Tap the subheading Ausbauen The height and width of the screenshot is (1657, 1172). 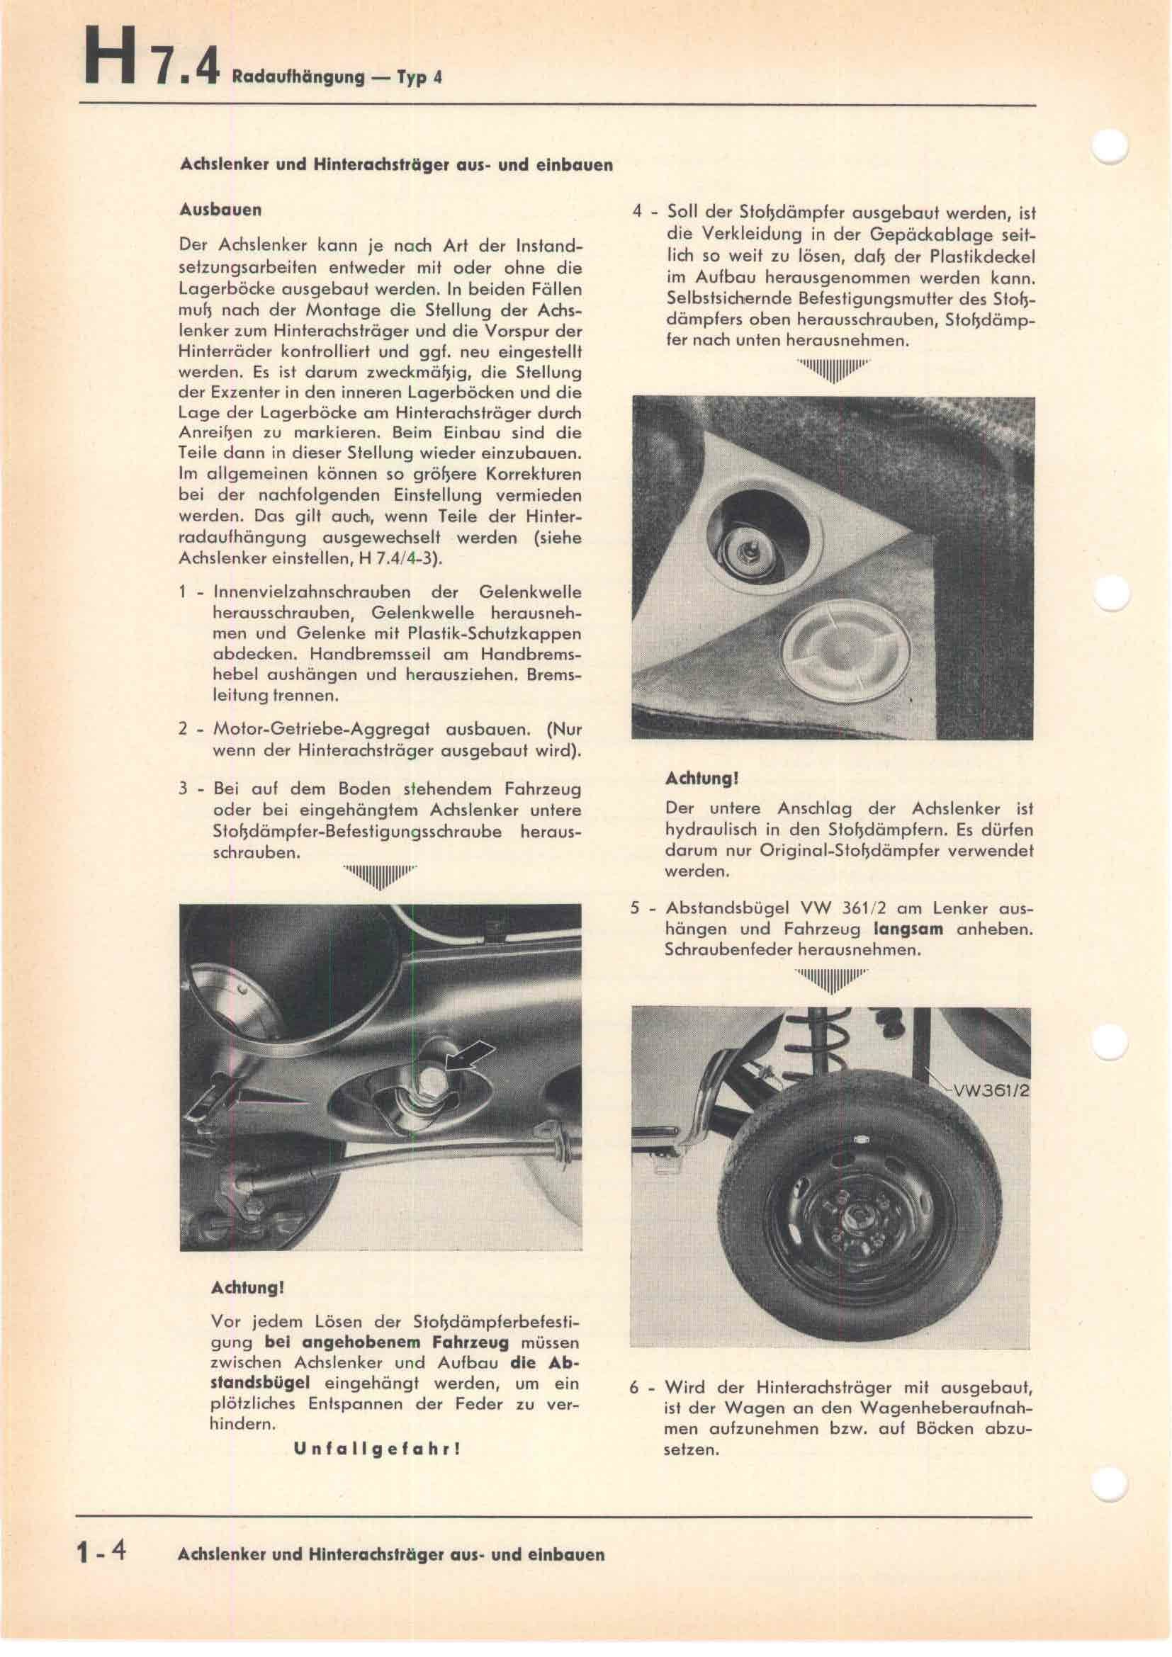point(220,210)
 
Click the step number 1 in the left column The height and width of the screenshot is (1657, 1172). point(184,592)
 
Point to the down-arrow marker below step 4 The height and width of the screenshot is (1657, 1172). point(833,371)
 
